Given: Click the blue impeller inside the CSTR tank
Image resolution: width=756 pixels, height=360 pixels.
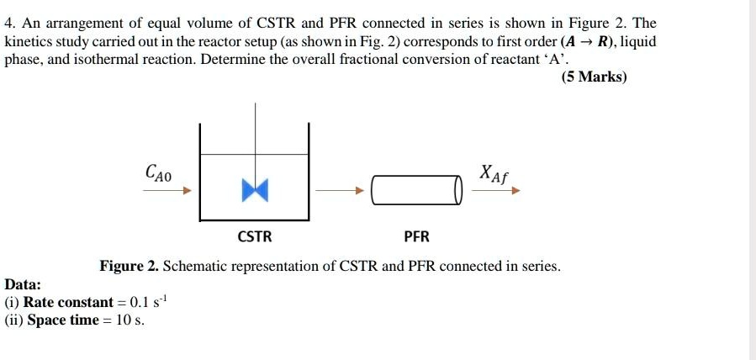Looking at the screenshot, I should [254, 191].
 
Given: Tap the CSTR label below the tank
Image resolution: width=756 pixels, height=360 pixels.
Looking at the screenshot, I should [255, 236].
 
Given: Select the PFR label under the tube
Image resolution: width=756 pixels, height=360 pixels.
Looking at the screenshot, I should [416, 236].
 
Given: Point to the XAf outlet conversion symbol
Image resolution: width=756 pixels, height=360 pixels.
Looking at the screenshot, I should [494, 173].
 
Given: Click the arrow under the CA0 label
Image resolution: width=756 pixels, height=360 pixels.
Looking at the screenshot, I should [167, 191].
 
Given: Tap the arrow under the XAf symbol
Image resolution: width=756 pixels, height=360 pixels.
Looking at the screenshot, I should [496, 191].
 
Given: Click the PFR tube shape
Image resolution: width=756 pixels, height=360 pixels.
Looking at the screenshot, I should [416, 190].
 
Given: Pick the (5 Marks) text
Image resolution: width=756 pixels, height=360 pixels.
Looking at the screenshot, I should [594, 77].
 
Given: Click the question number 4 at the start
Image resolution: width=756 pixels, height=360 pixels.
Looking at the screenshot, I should [9, 23].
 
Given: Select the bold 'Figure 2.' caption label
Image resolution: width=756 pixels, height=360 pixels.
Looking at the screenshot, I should [129, 266].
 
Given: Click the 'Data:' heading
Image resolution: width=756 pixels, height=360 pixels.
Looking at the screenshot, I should [24, 285].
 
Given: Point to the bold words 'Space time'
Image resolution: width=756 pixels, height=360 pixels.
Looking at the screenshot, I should [63, 320].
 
